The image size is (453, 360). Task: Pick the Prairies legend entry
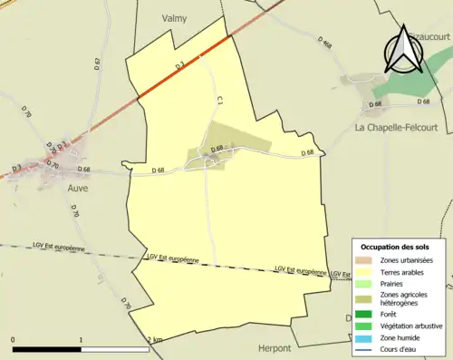coord(391,283)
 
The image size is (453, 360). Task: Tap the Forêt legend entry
coord(389,314)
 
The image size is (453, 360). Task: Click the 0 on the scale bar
coord(14,340)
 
